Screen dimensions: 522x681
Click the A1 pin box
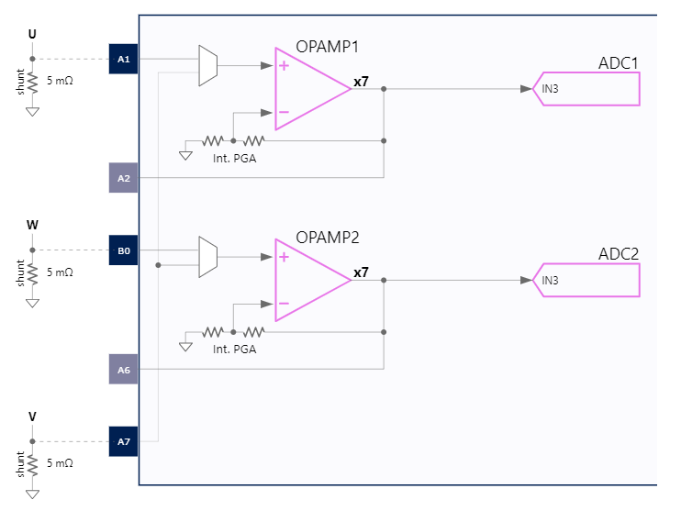(x=123, y=59)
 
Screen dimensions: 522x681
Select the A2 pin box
(x=123, y=177)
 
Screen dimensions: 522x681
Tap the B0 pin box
(x=123, y=250)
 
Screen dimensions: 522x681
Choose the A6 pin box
(x=123, y=369)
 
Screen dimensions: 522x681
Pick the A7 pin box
(x=123, y=441)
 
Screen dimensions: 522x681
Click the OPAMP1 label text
(x=327, y=46)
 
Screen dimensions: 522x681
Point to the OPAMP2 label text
(x=327, y=237)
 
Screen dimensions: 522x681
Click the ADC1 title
(x=618, y=62)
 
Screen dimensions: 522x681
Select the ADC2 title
(x=618, y=253)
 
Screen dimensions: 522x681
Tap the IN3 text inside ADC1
(x=550, y=89)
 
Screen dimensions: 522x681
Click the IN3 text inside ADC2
(x=550, y=280)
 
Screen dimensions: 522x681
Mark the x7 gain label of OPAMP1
(x=361, y=82)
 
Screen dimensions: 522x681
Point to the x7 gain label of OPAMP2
(x=361, y=272)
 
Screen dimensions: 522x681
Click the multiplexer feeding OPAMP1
(x=208, y=66)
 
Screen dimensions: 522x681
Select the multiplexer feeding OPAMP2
(x=208, y=257)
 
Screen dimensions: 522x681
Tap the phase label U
(x=32, y=34)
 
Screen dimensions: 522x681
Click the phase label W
(x=32, y=225)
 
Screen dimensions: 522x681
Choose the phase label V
(x=32, y=416)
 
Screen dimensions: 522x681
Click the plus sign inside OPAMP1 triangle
(x=285, y=66)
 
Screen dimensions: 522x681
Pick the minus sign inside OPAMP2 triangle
(x=285, y=304)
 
